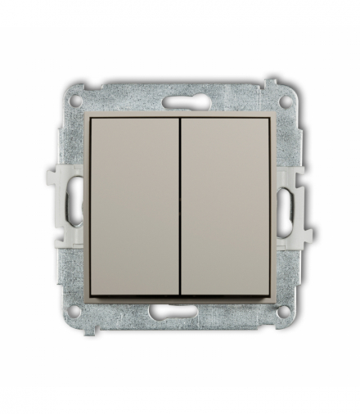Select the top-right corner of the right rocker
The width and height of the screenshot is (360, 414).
click(x=270, y=119)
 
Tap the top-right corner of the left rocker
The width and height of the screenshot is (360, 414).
click(x=176, y=119)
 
